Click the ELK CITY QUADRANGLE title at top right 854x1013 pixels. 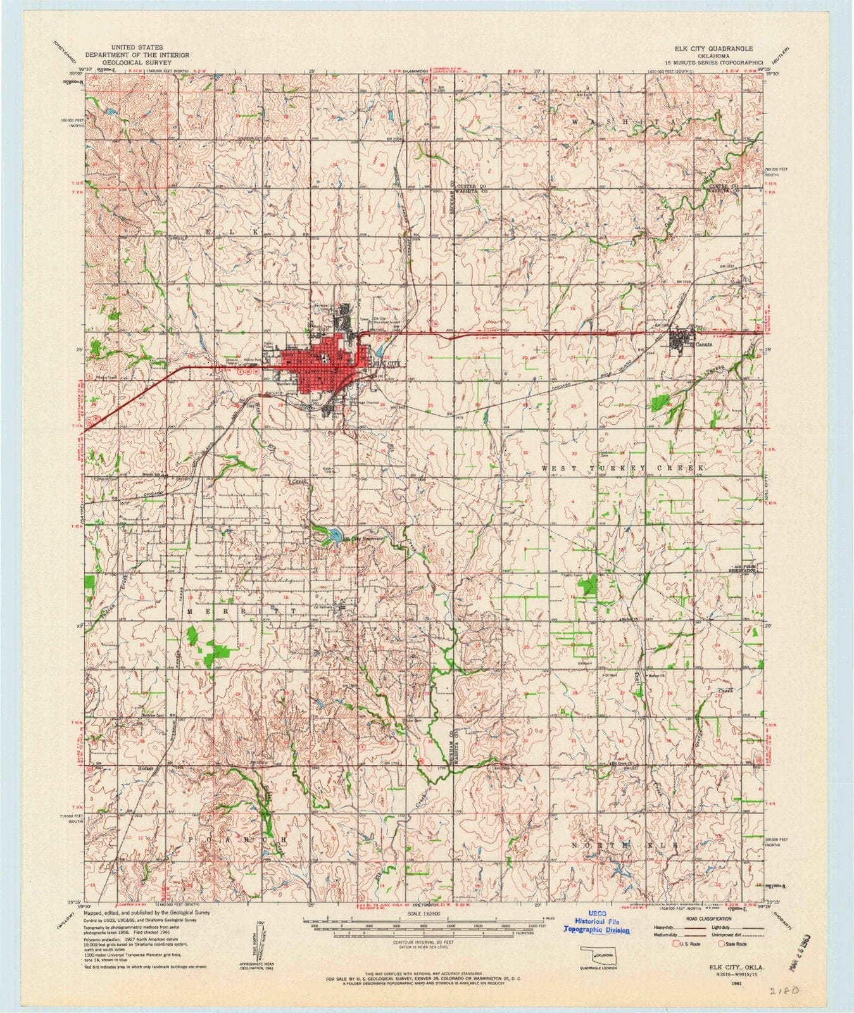click(x=695, y=48)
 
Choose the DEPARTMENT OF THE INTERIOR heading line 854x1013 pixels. click(x=136, y=56)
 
